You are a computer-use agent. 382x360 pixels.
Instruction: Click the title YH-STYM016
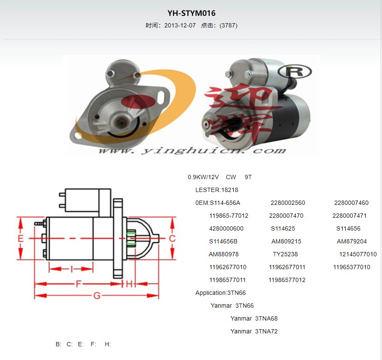coord(191,13)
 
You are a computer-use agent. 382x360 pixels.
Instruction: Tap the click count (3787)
coord(229,25)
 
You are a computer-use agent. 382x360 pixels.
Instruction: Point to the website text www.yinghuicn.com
coord(192,150)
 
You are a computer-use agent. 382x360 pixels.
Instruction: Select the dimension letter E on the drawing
coord(21,238)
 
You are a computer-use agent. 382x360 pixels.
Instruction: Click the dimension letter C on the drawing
coord(172,238)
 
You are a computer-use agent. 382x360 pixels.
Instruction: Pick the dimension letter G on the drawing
coord(97,296)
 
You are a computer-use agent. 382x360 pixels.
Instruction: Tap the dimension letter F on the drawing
coord(78,284)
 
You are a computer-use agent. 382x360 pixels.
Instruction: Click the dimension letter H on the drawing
coord(129,284)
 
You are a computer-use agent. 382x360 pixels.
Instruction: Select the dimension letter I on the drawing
coord(71,269)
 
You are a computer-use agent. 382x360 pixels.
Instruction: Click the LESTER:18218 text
coord(217,190)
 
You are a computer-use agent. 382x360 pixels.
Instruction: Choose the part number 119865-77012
coord(229,216)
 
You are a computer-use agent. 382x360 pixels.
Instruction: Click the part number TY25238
coord(285,254)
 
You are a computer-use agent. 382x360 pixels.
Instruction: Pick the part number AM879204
coord(352,241)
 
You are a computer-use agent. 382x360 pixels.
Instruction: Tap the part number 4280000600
coord(226,228)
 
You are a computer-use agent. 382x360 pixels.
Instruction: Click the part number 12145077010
coord(358,254)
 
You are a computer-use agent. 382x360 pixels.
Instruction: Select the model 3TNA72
coord(266,331)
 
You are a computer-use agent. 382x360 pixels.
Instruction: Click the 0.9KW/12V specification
coord(203,177)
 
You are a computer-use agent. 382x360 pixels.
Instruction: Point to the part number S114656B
coord(223,241)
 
